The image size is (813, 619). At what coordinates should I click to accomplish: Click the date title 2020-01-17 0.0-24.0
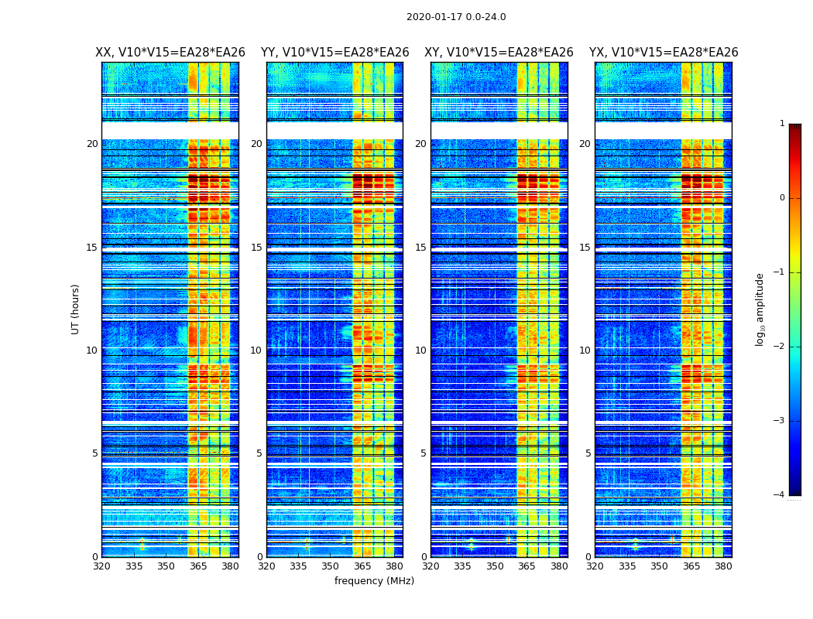[456, 17]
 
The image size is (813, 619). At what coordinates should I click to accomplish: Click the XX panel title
[170, 53]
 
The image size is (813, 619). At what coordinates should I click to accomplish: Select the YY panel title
[334, 53]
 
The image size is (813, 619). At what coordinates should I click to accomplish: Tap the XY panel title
[499, 53]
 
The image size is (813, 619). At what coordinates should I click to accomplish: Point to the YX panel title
[664, 53]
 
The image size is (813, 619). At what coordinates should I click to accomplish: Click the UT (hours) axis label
[76, 309]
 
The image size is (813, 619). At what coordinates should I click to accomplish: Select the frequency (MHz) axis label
[374, 581]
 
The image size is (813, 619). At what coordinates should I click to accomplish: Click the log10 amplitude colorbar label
[760, 309]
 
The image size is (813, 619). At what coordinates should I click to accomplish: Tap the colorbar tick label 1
[782, 124]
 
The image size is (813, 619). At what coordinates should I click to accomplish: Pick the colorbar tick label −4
[780, 495]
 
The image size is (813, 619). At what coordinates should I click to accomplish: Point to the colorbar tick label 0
[782, 198]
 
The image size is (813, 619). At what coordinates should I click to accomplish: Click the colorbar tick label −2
[780, 347]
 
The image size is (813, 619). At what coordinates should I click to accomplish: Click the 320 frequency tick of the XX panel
[101, 566]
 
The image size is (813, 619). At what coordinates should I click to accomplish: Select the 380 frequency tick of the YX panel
[723, 566]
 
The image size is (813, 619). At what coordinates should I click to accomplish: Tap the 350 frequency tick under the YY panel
[331, 566]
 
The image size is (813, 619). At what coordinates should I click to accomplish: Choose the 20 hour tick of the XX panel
[92, 144]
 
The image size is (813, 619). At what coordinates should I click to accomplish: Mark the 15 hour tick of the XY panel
[420, 248]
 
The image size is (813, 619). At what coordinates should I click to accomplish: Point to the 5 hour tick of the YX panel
[588, 453]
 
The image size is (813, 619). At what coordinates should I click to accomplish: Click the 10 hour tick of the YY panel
[256, 351]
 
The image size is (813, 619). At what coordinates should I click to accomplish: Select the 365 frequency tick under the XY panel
[527, 566]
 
